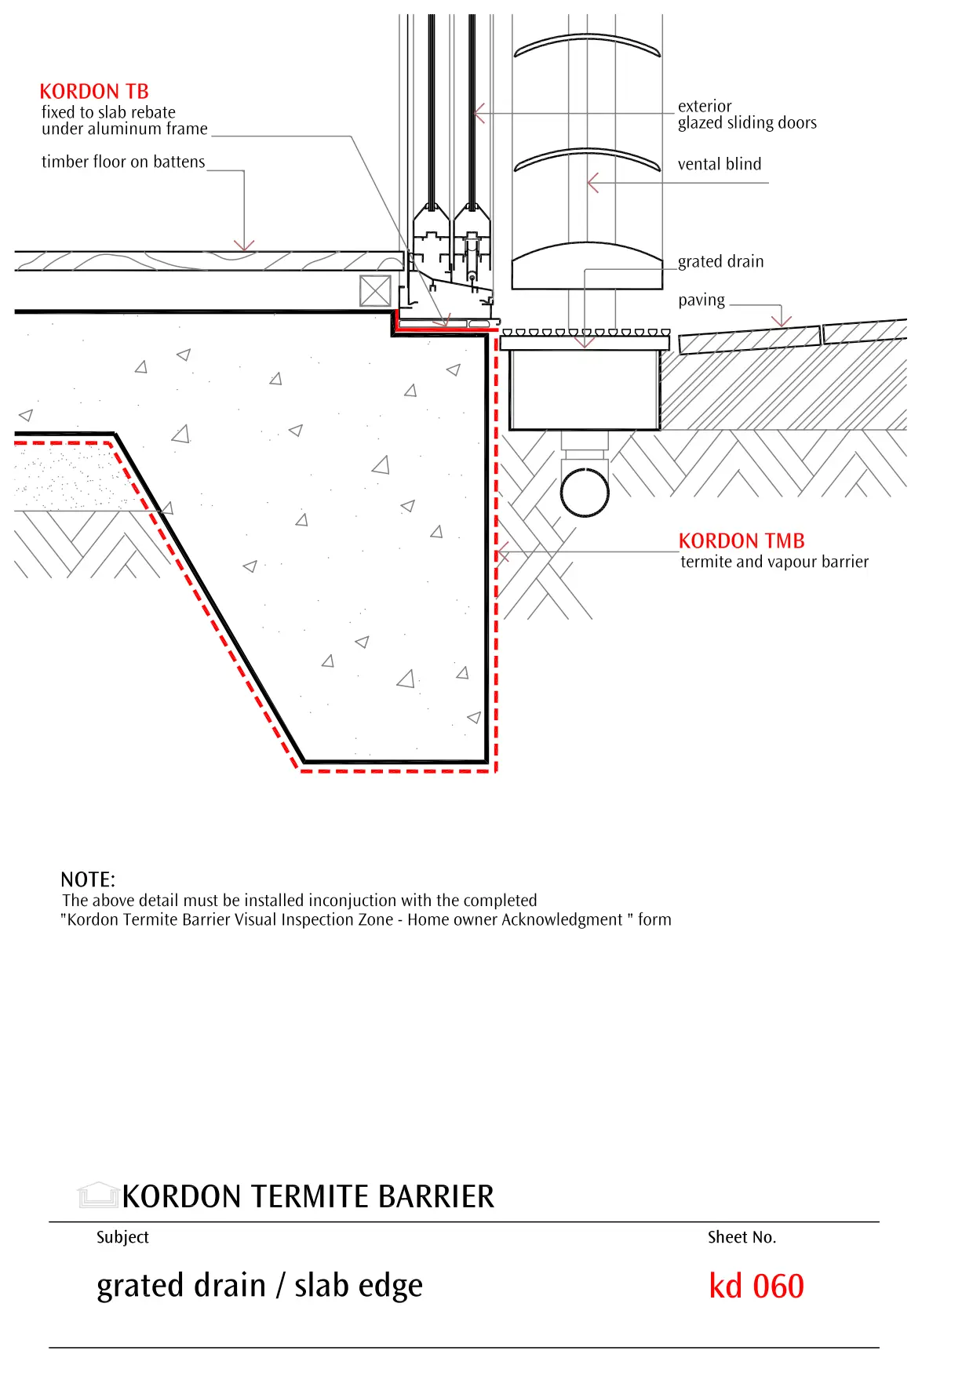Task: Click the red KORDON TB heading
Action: click(x=94, y=92)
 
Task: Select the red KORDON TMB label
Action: click(x=742, y=541)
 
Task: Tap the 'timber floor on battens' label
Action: click(x=123, y=162)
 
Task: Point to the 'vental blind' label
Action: click(x=720, y=164)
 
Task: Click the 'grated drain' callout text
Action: click(x=720, y=261)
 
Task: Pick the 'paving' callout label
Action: click(x=702, y=300)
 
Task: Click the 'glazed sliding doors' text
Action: click(x=747, y=122)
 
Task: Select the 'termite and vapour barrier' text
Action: click(x=774, y=562)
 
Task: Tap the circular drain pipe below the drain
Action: click(x=585, y=492)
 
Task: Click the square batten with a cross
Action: click(x=375, y=291)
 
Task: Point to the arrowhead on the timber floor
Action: click(x=244, y=246)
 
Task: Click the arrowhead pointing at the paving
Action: click(x=781, y=321)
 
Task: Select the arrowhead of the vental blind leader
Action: click(x=592, y=183)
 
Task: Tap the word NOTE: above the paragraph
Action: click(x=88, y=879)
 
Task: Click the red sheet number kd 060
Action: click(x=756, y=1287)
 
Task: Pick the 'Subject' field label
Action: click(x=122, y=1237)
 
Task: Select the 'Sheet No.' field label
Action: click(x=742, y=1237)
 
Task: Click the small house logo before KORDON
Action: click(x=98, y=1195)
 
